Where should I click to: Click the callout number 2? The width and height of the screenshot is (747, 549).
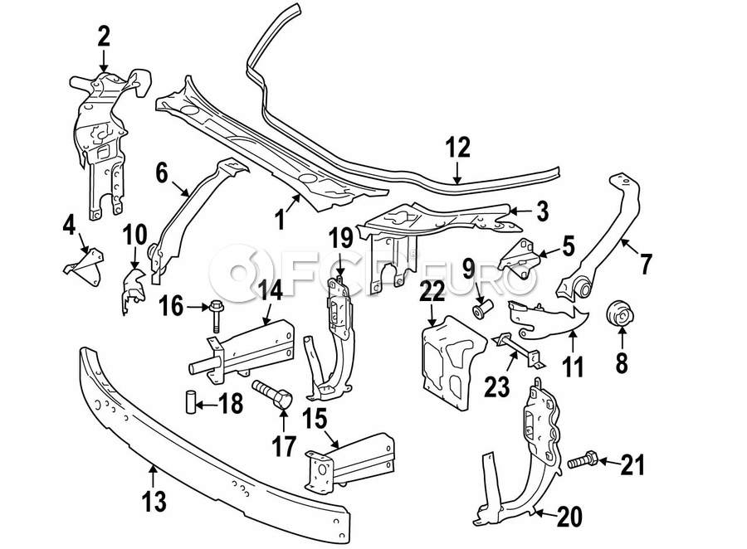pos(104,37)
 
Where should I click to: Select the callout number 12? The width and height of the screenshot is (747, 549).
pos(458,149)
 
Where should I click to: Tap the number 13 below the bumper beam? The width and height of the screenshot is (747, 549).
pos(154,502)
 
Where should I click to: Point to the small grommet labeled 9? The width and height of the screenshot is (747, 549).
pos(482,310)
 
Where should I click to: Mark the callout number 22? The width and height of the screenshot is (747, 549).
pos(433,291)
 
